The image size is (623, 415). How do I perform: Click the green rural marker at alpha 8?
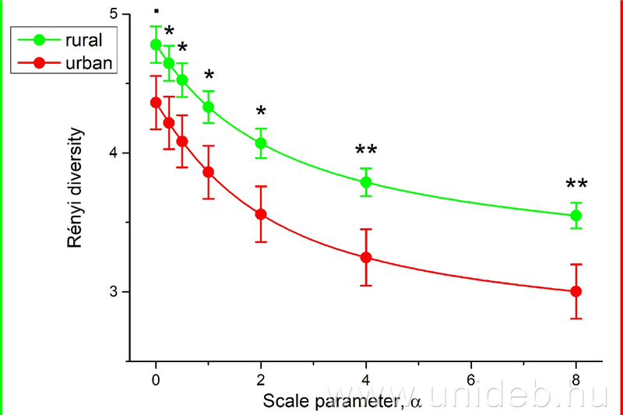tap(576, 216)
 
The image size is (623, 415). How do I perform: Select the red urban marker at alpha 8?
tap(576, 291)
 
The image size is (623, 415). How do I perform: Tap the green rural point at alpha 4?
tap(366, 182)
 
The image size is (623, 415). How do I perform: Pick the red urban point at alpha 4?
tap(366, 258)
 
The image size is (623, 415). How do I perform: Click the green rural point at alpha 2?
tap(261, 143)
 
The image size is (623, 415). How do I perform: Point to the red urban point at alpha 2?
tap(261, 214)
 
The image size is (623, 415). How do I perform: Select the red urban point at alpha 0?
tap(156, 102)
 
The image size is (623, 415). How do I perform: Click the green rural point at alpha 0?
tap(156, 44)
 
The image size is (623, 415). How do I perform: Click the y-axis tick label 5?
tap(114, 15)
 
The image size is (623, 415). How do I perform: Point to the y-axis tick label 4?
tap(114, 153)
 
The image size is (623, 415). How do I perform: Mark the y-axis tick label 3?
tap(114, 292)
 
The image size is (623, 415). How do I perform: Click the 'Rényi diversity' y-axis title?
tap(76, 188)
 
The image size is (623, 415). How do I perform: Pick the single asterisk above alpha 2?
tap(261, 112)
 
